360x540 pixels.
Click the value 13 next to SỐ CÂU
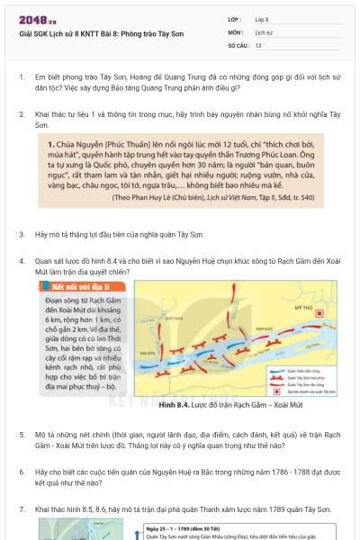258,44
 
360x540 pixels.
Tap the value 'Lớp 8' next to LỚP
262,18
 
